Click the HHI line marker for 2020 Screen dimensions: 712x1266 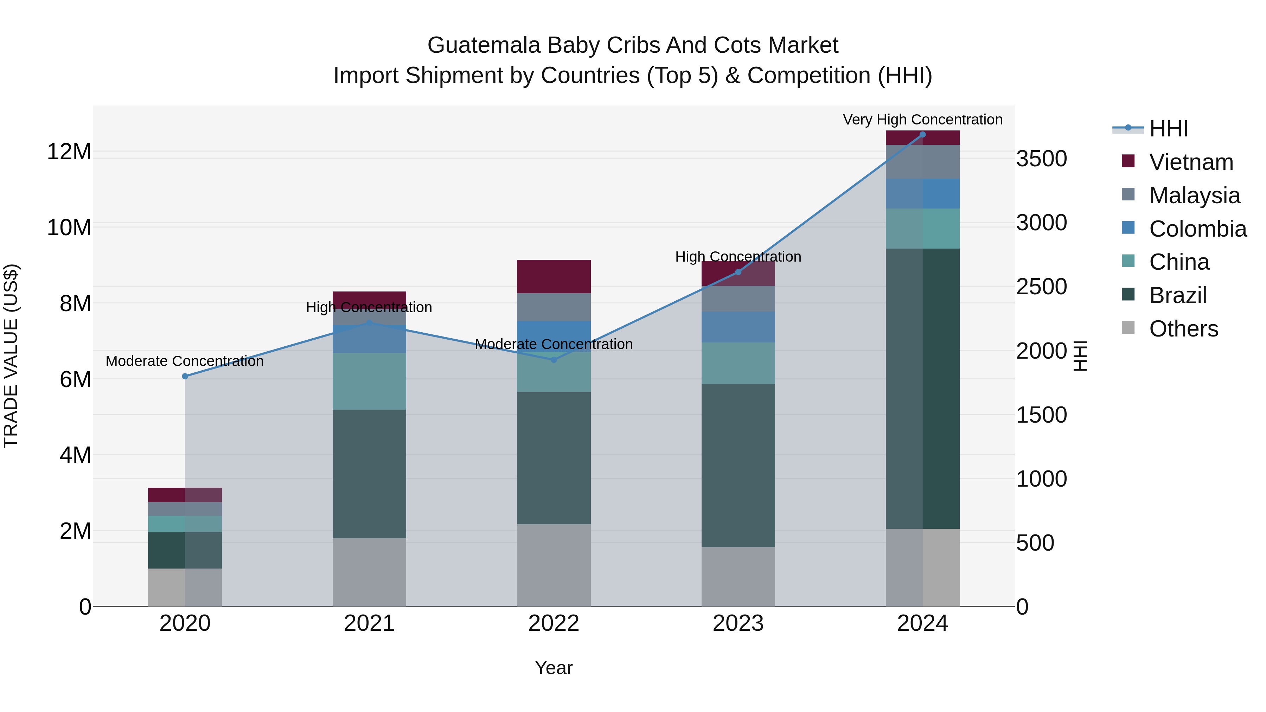(185, 376)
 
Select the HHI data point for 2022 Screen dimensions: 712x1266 (554, 360)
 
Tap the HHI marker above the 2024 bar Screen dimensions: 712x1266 (922, 135)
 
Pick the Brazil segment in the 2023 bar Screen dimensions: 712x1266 (738, 465)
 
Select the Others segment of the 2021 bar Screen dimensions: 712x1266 (370, 572)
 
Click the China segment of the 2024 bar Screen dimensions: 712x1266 (922, 229)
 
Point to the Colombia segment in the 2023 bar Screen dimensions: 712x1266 (738, 327)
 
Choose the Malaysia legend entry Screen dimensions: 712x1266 (1194, 195)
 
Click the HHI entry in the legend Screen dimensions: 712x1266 (1168, 129)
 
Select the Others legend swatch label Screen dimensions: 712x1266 (1183, 329)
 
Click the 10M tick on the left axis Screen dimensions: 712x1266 (69, 228)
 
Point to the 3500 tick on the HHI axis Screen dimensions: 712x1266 (1041, 159)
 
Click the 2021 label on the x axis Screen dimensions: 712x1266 (370, 623)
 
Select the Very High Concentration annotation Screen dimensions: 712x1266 (922, 120)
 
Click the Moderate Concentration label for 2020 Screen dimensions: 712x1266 (185, 361)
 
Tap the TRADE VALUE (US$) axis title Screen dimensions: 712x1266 (11, 356)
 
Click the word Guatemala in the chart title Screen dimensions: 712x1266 (484, 45)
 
